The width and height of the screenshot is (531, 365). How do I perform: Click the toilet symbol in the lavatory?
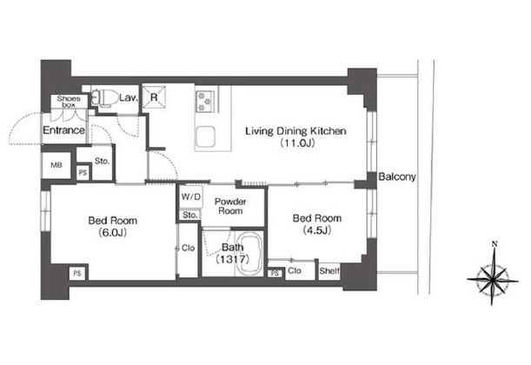(x=101, y=98)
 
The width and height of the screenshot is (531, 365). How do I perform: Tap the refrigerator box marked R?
(x=154, y=97)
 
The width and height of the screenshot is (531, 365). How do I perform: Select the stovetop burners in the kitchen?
(x=204, y=101)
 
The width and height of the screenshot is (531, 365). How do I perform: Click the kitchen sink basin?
(x=205, y=136)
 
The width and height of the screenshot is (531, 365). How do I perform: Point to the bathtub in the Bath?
(x=249, y=254)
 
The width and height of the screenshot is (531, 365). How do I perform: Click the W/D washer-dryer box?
(x=191, y=197)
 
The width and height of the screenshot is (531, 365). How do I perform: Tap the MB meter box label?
(x=56, y=165)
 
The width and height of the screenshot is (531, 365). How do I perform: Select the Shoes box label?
(x=69, y=102)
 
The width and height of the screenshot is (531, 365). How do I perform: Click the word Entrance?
(x=63, y=130)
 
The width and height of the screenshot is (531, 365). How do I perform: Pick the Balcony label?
(x=397, y=176)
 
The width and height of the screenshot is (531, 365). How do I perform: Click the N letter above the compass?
(x=494, y=243)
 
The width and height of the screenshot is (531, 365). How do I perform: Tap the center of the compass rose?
(x=493, y=280)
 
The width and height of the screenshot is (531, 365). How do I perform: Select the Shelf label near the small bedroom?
(x=329, y=271)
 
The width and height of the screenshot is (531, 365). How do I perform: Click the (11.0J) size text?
(x=297, y=143)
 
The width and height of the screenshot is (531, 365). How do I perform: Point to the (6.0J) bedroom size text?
(x=112, y=233)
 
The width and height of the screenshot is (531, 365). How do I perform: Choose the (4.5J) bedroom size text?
(x=316, y=230)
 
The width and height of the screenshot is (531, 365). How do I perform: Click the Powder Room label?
(x=230, y=206)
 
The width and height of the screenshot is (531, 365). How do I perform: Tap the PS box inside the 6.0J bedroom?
(x=77, y=273)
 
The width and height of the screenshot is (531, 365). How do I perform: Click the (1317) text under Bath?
(x=233, y=259)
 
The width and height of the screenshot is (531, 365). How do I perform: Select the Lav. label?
(x=129, y=98)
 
